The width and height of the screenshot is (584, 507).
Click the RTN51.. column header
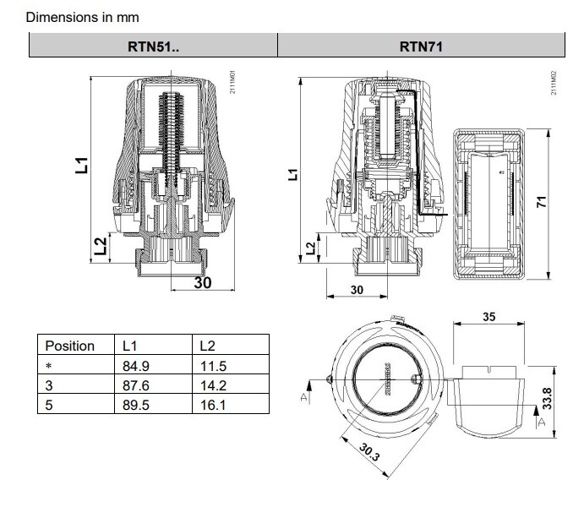pyautogui.click(x=153, y=46)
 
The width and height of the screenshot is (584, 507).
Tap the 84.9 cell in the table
pyautogui.click(x=136, y=367)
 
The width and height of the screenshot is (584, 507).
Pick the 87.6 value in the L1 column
pyautogui.click(x=136, y=385)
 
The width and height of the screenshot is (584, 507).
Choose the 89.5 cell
pyautogui.click(x=136, y=405)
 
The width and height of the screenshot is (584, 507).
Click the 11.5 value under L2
pyautogui.click(x=212, y=367)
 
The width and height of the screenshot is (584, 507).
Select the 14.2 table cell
pyautogui.click(x=212, y=385)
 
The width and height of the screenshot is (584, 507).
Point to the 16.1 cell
pyautogui.click(x=212, y=405)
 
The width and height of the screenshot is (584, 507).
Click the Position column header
pyautogui.click(x=69, y=346)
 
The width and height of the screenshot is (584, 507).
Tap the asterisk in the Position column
pyautogui.click(x=48, y=367)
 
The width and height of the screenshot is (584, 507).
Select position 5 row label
pyautogui.click(x=49, y=405)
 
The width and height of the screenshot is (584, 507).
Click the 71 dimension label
pyautogui.click(x=543, y=202)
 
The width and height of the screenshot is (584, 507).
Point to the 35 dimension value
pyautogui.click(x=489, y=317)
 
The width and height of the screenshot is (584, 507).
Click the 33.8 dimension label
pyautogui.click(x=546, y=398)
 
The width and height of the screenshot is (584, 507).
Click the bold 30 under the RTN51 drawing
pyautogui.click(x=203, y=283)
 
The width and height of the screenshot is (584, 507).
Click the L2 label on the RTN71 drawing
pyautogui.click(x=310, y=247)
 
